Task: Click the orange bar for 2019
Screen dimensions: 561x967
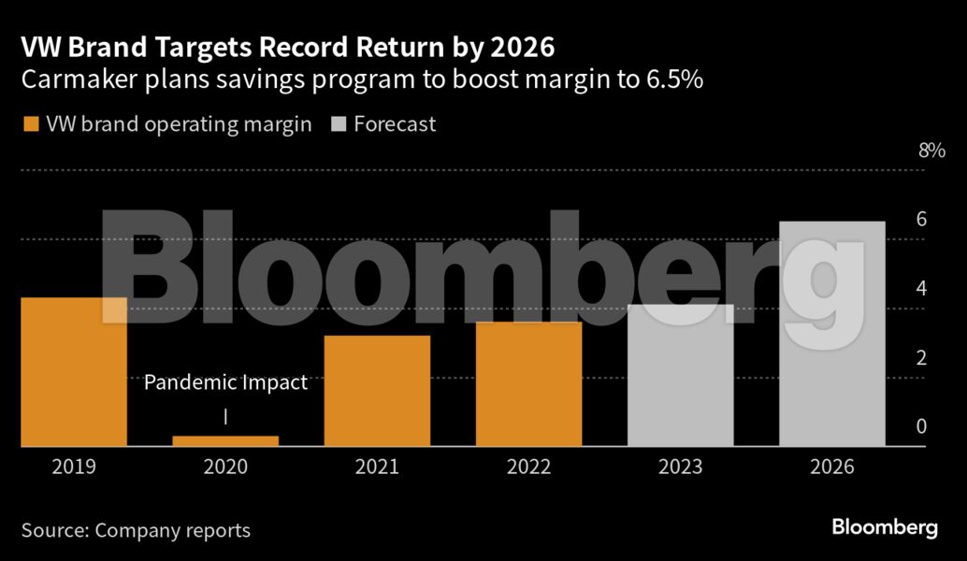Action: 73,372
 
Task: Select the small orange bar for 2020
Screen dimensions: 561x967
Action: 224,441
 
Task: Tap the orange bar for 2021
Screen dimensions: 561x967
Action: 377,391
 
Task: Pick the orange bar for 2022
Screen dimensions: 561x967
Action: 528,384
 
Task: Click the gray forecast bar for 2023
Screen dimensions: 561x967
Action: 680,376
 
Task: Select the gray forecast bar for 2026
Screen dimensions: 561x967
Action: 831,334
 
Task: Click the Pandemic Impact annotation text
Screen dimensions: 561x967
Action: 225,382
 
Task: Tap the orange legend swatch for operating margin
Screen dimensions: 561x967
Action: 30,124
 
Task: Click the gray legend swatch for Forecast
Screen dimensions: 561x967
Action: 338,124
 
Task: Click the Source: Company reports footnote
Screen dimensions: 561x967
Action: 136,530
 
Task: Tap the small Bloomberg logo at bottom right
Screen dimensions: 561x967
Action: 884,527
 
